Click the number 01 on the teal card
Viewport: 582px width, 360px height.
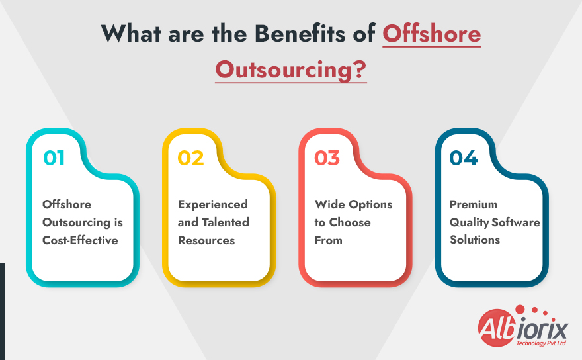(x=54, y=159)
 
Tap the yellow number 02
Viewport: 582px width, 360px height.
(x=190, y=159)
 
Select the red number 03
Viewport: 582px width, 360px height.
(x=327, y=159)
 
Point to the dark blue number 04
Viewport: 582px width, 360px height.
(x=464, y=159)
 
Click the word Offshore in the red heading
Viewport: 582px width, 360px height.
(x=432, y=34)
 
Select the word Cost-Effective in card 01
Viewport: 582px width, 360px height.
(x=80, y=240)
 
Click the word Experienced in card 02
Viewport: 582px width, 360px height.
(x=213, y=204)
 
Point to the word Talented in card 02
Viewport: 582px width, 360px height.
(x=226, y=222)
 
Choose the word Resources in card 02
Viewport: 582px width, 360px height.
(x=206, y=240)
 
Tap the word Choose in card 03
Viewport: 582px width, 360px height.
(x=350, y=222)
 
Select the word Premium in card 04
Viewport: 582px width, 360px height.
(x=474, y=204)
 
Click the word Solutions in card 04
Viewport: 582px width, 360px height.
(x=475, y=240)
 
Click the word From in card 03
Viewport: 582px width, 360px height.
(x=329, y=240)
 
